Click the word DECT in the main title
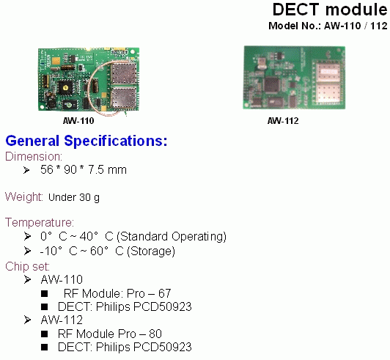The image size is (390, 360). [295, 10]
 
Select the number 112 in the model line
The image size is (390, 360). [379, 26]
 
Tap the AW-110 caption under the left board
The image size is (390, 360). [78, 121]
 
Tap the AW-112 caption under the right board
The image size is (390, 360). [283, 121]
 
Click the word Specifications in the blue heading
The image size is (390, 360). [116, 141]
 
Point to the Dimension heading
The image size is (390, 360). [34, 156]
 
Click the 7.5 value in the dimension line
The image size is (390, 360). [96, 169]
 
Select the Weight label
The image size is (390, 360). [24, 196]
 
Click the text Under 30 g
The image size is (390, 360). [74, 197]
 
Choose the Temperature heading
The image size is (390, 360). [40, 222]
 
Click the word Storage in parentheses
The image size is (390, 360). [151, 251]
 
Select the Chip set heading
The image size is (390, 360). [27, 266]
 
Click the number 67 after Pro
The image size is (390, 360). [165, 293]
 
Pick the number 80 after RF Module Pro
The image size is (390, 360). [155, 334]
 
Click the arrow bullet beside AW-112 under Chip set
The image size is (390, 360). [27, 320]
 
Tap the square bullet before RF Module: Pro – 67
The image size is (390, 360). [45, 293]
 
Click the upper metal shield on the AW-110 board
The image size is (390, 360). [124, 73]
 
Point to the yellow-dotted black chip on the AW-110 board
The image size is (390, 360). [66, 87]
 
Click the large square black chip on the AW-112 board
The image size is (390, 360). [271, 84]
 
